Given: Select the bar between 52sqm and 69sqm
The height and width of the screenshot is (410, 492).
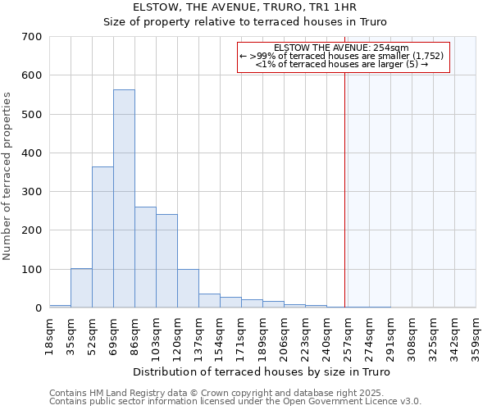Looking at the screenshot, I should point(102,237).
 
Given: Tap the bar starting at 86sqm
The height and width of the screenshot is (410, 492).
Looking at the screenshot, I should point(145,257).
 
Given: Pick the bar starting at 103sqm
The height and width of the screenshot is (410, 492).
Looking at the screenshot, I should point(166,261).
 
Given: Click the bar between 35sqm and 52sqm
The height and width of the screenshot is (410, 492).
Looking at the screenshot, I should point(81,288).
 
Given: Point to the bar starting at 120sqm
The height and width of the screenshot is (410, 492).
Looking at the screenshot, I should point(188,289).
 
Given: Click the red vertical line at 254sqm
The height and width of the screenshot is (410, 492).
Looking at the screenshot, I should point(345,180).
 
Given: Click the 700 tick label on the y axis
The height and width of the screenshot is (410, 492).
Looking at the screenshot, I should point(32,37).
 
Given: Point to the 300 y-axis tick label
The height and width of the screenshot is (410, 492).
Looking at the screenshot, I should point(32,192).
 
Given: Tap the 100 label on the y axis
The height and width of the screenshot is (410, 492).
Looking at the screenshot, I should point(32,270).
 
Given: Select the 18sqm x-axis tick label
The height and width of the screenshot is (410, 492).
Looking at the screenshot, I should point(49,337).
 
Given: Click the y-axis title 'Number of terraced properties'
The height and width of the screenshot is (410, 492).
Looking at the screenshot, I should point(7,176).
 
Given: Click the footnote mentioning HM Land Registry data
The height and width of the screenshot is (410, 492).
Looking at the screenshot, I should point(235,393).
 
